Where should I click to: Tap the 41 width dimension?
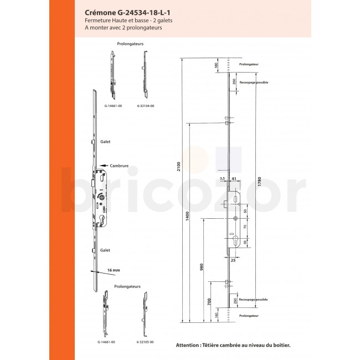pyautogui.click(x=234, y=179)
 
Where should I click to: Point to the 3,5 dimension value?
pyautogui.click(x=222, y=179)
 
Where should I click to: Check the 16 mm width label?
pyautogui.click(x=114, y=270)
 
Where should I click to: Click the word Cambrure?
pyautogui.click(x=120, y=164)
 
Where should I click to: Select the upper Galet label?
pyautogui.click(x=106, y=142)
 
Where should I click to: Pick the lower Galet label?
pyautogui.click(x=106, y=250)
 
